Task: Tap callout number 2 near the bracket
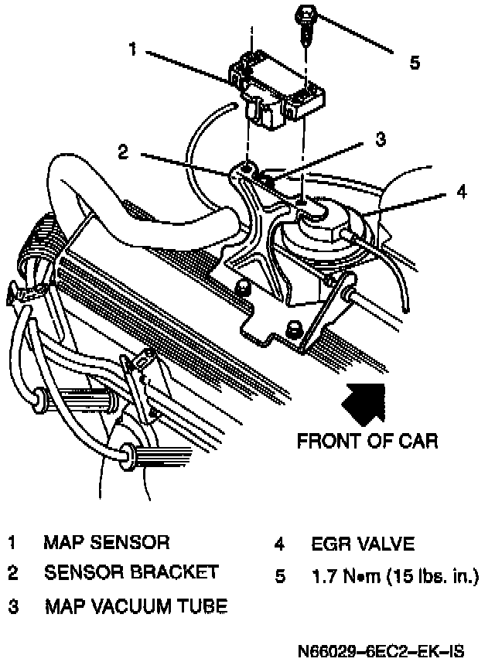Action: pyautogui.click(x=122, y=152)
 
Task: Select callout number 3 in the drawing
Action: pyautogui.click(x=380, y=139)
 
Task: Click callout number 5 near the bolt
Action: pyautogui.click(x=415, y=63)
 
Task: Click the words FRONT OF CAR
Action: pyautogui.click(x=367, y=442)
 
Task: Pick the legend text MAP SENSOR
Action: pyautogui.click(x=107, y=542)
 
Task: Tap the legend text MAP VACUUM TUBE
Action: pyautogui.click(x=136, y=606)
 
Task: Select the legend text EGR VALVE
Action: pyautogui.click(x=363, y=543)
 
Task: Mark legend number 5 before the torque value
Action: pyautogui.click(x=280, y=576)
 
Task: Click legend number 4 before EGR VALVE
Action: pyautogui.click(x=280, y=543)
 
